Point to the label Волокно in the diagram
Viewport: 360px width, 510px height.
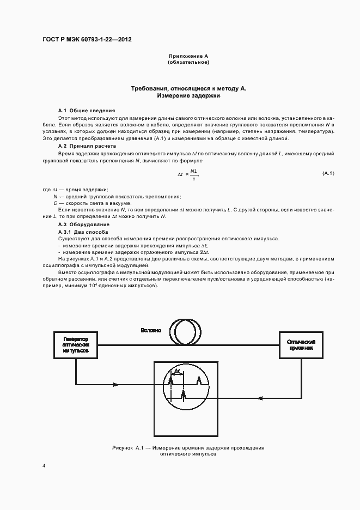(x=151, y=330)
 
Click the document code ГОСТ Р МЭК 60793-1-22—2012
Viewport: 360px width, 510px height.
(x=87, y=40)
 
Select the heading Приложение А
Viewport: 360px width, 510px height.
(x=188, y=57)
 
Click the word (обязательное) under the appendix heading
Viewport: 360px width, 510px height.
(x=188, y=63)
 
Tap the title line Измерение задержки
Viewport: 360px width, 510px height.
(x=188, y=95)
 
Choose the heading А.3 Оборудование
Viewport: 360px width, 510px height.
(x=84, y=224)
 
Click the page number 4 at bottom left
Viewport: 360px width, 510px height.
(x=43, y=466)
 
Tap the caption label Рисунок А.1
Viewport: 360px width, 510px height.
(x=127, y=447)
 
